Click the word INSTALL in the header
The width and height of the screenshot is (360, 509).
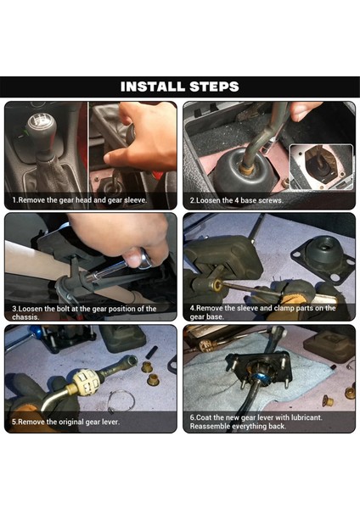(x=152, y=87)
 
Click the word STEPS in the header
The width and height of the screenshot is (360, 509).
(x=214, y=87)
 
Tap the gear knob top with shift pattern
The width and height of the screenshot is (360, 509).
(x=40, y=123)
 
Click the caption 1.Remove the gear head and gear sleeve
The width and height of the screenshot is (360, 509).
(x=80, y=200)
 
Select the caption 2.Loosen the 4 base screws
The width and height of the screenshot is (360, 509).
(x=236, y=200)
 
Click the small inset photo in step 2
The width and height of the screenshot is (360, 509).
(x=321, y=167)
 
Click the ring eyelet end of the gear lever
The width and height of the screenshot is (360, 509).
(x=132, y=360)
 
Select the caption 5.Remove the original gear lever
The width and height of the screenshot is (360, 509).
(x=65, y=422)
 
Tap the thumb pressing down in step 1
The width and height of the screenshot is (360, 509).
(x=116, y=159)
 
